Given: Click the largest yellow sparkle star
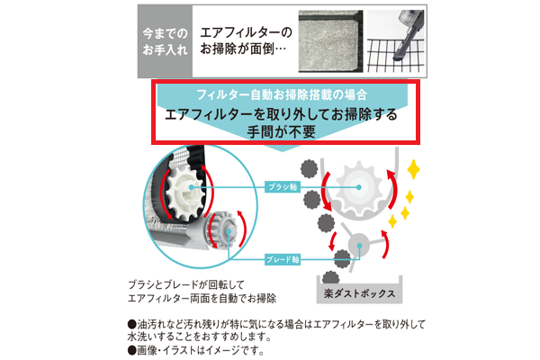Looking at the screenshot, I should click(414, 170).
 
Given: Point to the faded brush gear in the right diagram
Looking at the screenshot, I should click(358, 187).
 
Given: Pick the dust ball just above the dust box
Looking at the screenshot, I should click(344, 263).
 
